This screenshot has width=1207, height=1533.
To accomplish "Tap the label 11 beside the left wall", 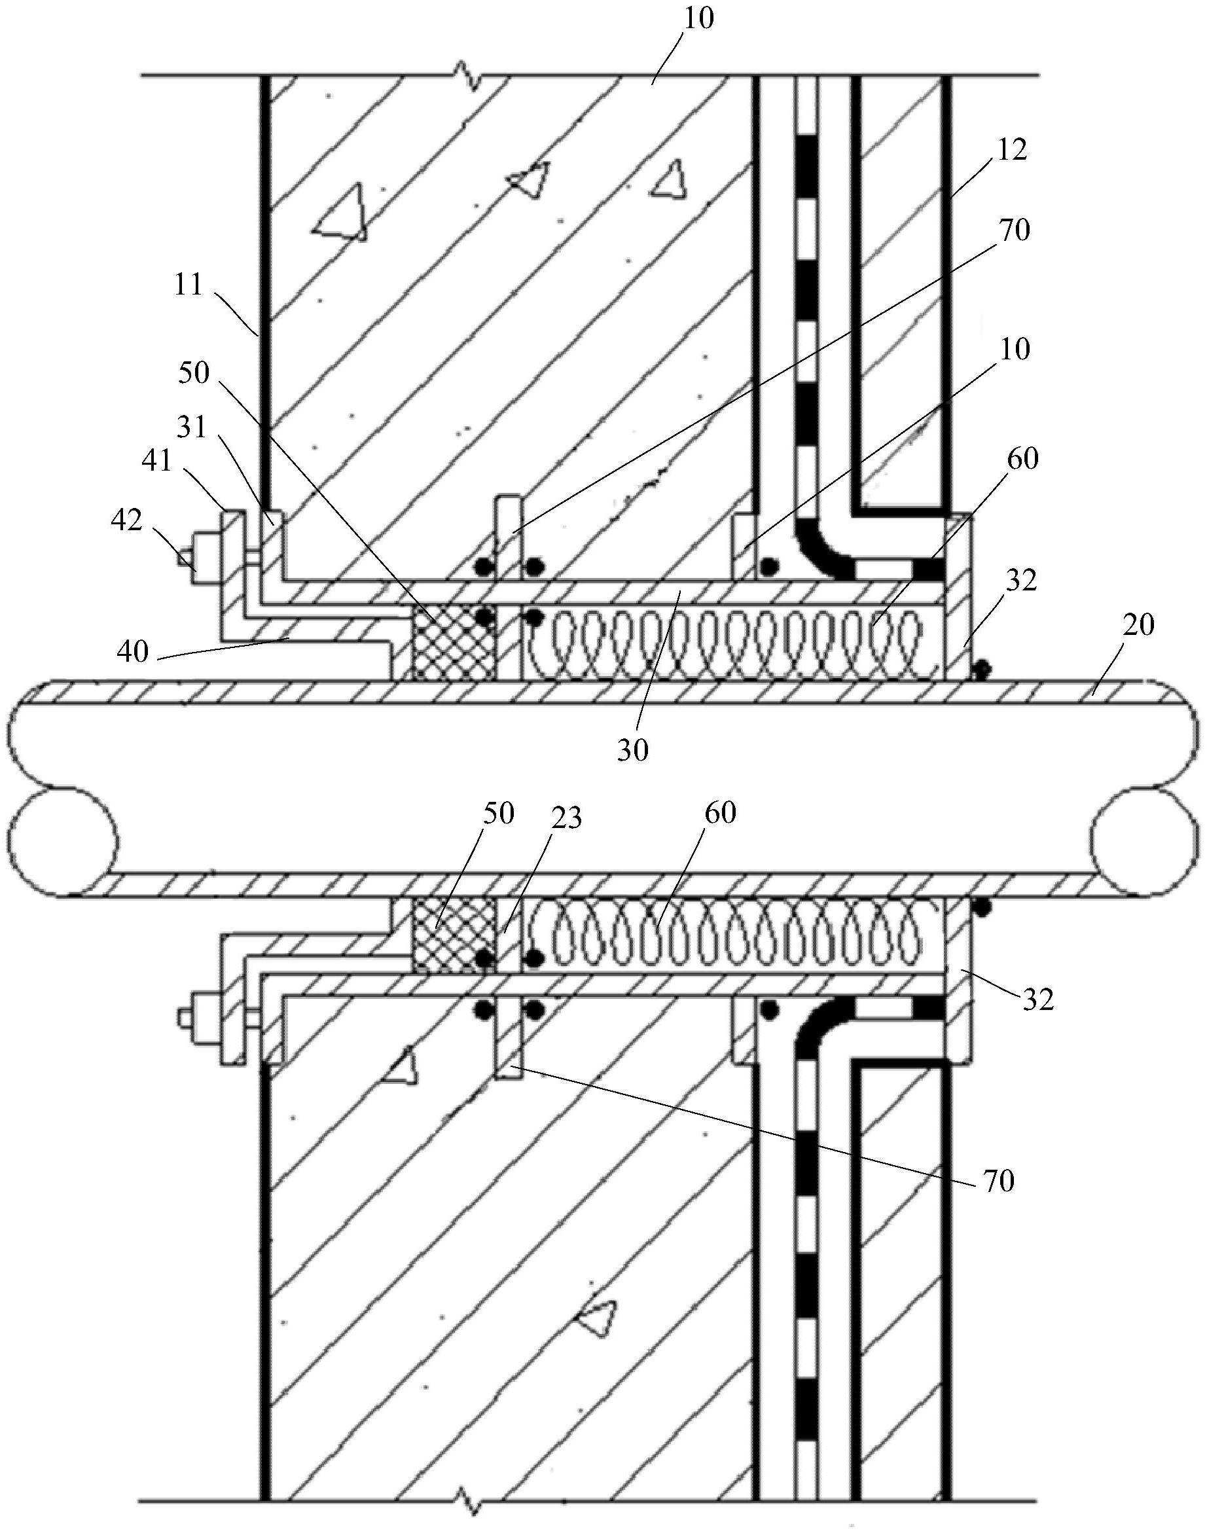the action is [188, 286].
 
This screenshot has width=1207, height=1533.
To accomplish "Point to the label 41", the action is [157, 461].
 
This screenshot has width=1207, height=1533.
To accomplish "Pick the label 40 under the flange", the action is [134, 650].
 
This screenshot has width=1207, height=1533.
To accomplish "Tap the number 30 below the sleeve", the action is [632, 751].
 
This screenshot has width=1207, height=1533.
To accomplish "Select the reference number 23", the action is [567, 818].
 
